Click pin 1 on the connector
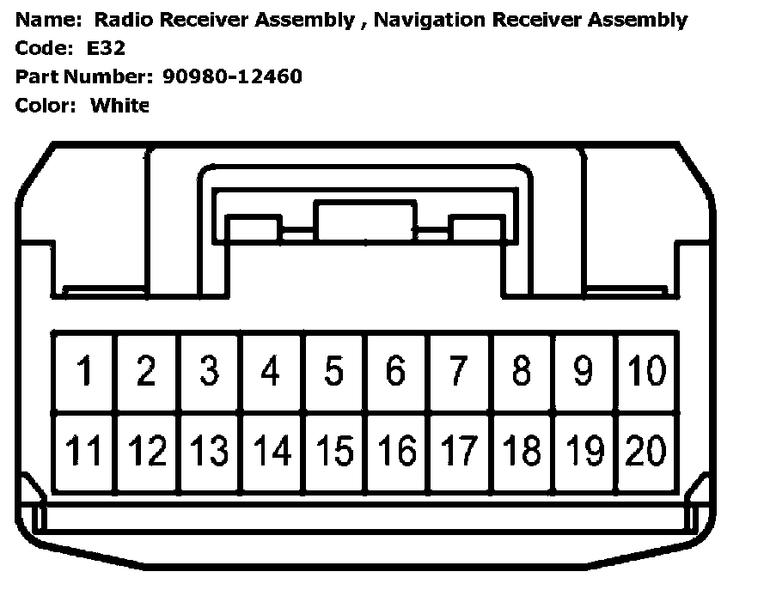84,371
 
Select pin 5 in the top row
333,371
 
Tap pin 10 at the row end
646,371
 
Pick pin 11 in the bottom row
84,450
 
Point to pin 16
396,450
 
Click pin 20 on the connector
646,450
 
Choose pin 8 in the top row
521,371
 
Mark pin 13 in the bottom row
209,450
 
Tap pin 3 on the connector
209,371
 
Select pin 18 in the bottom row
521,450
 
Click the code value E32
106,48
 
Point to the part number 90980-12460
232,76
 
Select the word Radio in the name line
120,20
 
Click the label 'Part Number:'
84,76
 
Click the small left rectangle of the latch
253,230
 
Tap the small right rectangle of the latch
476,230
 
